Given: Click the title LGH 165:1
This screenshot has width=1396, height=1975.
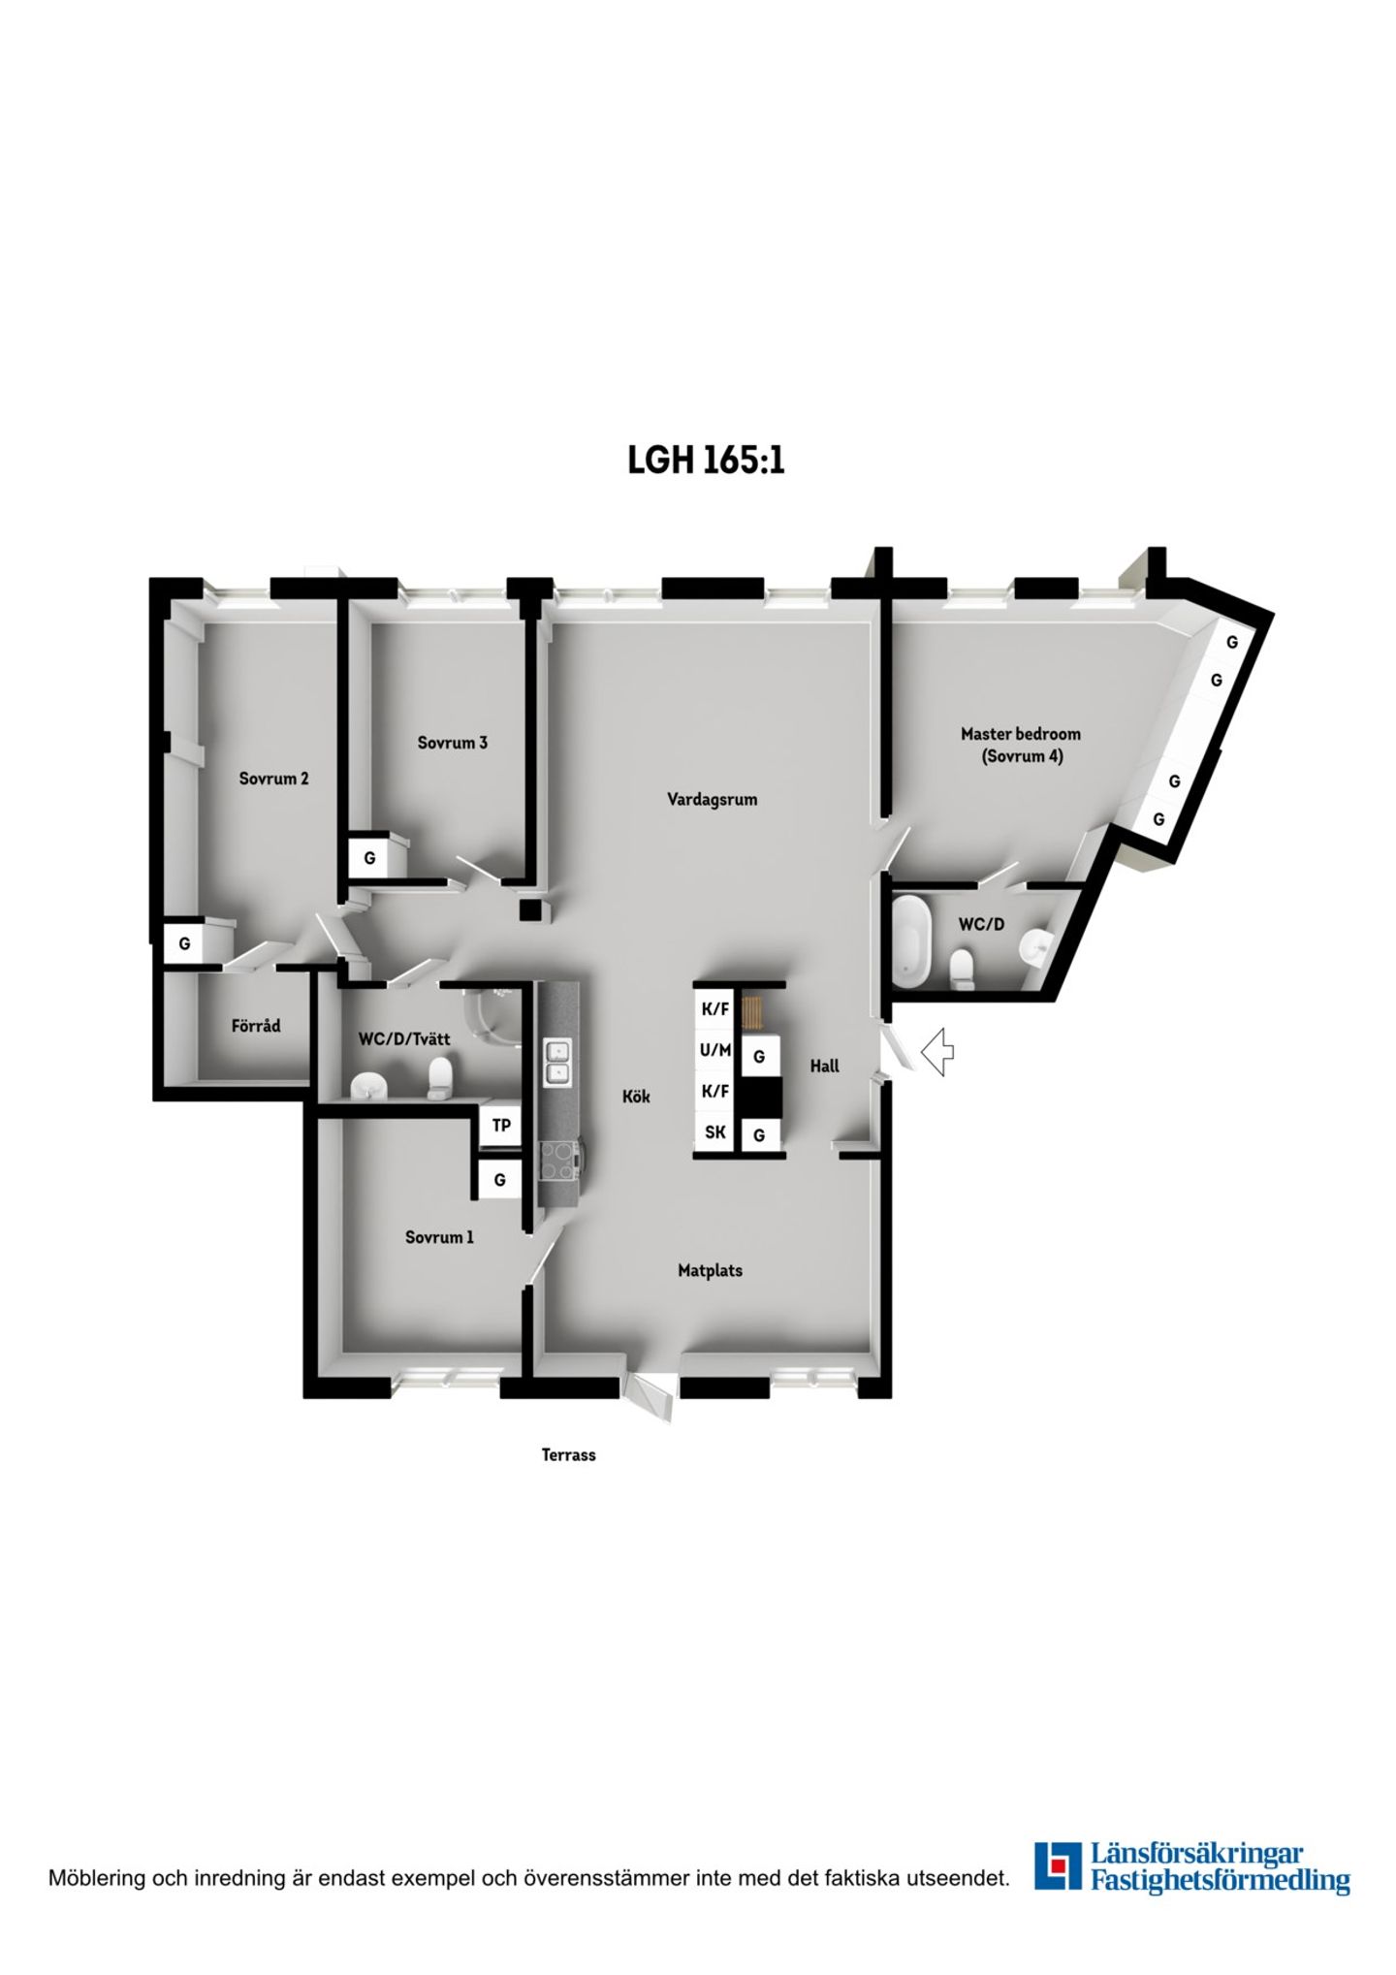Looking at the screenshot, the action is [x=706, y=460].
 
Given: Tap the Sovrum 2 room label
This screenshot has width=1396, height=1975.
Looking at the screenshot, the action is [x=274, y=778].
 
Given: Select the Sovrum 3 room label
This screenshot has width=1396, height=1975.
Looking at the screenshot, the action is [x=452, y=743].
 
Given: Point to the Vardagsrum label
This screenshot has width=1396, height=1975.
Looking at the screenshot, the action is [x=712, y=800].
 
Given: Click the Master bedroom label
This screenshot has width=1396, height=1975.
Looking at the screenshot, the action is [x=1020, y=734].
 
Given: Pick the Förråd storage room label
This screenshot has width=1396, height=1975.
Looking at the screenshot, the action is [x=256, y=1025].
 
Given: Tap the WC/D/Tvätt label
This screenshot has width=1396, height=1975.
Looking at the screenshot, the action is [x=404, y=1039].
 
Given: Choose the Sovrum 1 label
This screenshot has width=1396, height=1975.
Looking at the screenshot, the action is [x=439, y=1237].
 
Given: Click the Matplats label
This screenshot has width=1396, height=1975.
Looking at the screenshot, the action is [x=710, y=1270].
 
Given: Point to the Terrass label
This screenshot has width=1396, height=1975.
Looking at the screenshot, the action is [x=569, y=1454].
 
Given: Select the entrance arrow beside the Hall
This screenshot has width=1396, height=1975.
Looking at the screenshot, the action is [x=937, y=1052].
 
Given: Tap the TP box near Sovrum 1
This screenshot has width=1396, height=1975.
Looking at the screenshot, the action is [x=501, y=1126].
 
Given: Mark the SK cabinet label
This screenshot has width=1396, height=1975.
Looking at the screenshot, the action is [x=715, y=1131].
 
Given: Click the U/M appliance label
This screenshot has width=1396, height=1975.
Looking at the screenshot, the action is [x=715, y=1050].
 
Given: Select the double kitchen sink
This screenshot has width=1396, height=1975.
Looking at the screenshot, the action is [x=556, y=1062].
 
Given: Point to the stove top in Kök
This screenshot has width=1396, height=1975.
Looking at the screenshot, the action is [x=558, y=1160].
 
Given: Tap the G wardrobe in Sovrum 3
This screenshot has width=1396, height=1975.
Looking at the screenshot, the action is [x=369, y=858].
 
